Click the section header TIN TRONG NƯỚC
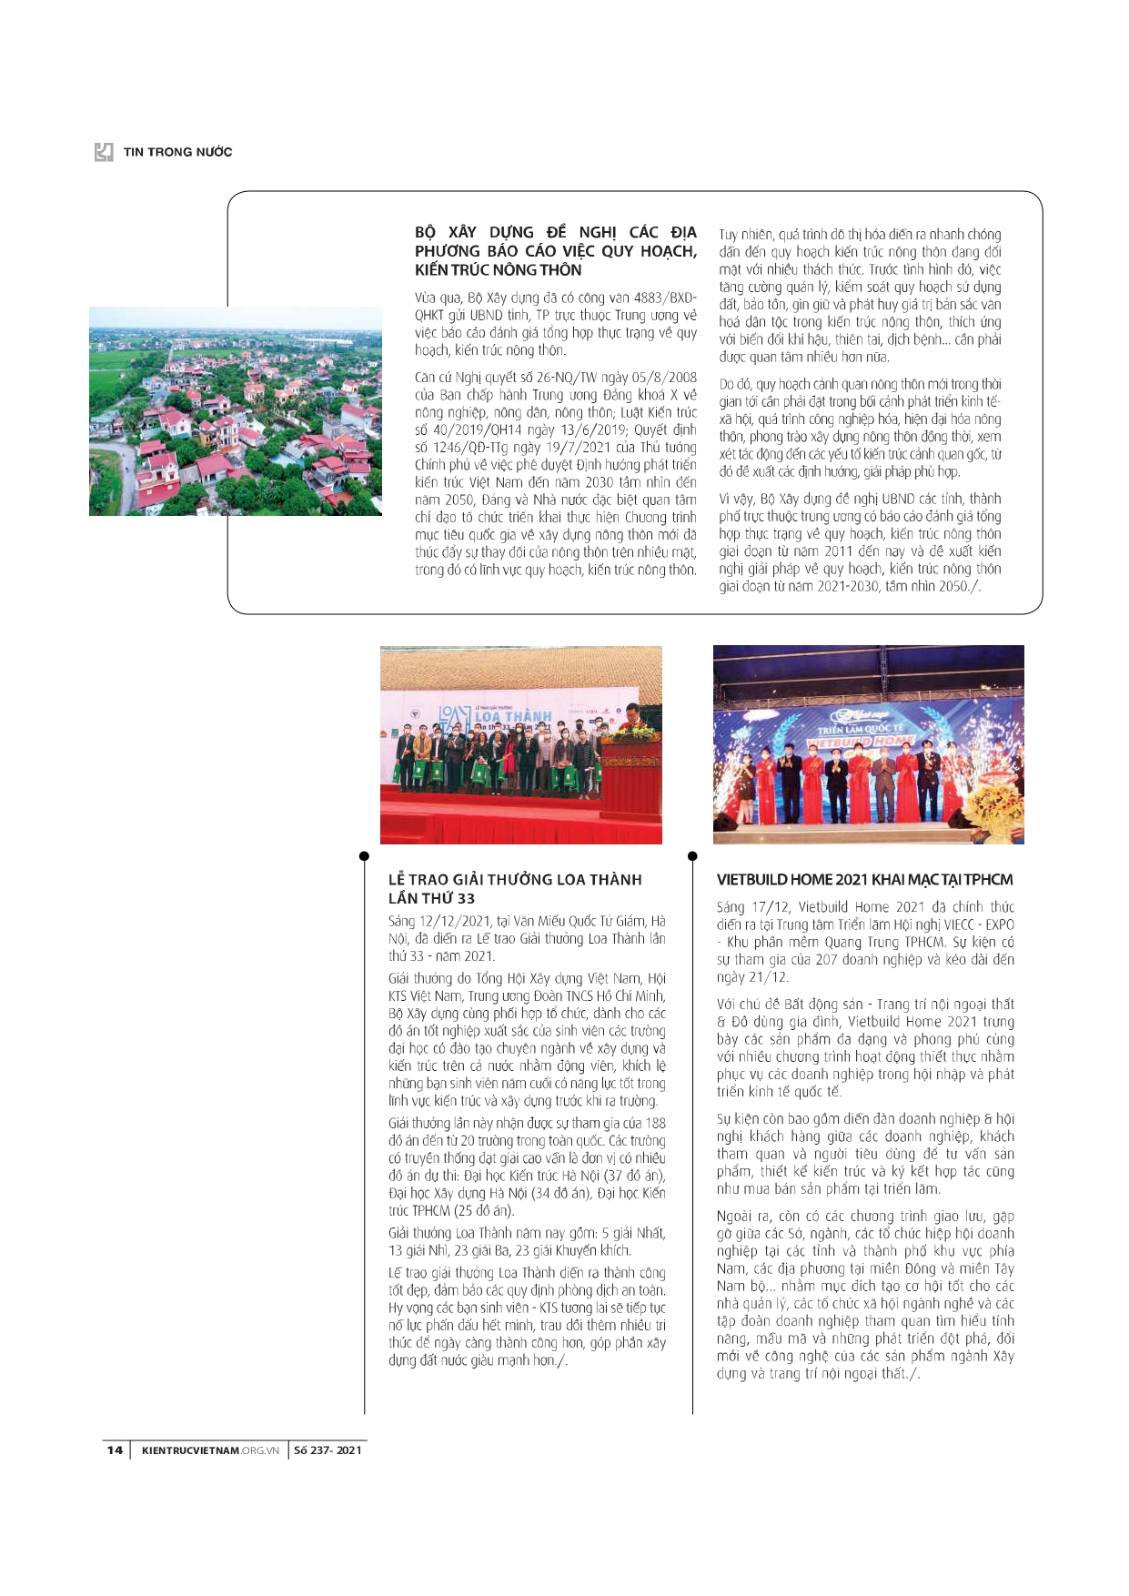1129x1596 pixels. click(x=177, y=152)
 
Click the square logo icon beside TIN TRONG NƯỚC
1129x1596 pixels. click(x=105, y=152)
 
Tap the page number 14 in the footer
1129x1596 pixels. click(x=115, y=1450)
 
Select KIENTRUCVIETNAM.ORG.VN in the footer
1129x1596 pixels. click(x=210, y=1450)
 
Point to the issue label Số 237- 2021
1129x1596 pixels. click(x=328, y=1450)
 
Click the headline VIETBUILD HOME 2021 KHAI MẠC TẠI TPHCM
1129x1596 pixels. click(x=864, y=880)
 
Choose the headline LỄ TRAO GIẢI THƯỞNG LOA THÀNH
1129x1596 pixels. click(x=515, y=880)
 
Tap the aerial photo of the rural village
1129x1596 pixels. click(x=235, y=411)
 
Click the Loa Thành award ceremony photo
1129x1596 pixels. click(x=520, y=745)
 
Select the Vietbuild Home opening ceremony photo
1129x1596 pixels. click(x=868, y=744)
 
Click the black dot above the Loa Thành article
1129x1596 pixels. click(x=364, y=856)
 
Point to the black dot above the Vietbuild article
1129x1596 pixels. click(x=692, y=856)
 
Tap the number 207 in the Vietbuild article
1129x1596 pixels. click(x=826, y=960)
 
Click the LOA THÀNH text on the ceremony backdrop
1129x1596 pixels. click(x=512, y=716)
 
